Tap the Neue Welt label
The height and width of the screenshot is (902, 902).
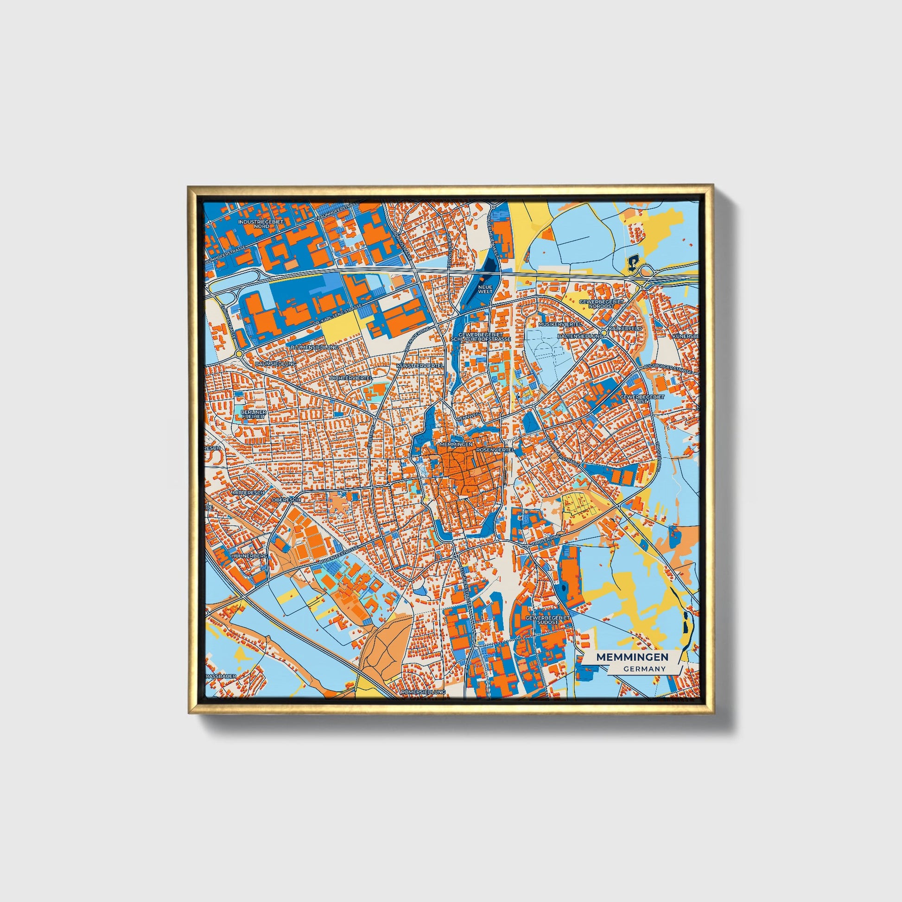pyautogui.click(x=486, y=289)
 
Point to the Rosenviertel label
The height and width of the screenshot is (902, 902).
pyautogui.click(x=495, y=449)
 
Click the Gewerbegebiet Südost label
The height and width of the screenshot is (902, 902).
pyautogui.click(x=548, y=620)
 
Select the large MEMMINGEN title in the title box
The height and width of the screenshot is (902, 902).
pyautogui.click(x=632, y=656)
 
